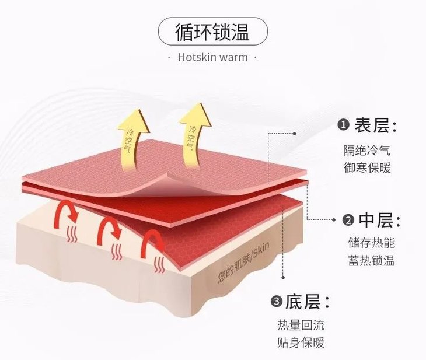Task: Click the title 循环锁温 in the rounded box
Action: click(x=212, y=32)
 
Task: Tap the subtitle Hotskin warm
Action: click(x=212, y=57)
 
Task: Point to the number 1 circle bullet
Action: click(x=344, y=126)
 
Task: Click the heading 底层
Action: click(x=307, y=302)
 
